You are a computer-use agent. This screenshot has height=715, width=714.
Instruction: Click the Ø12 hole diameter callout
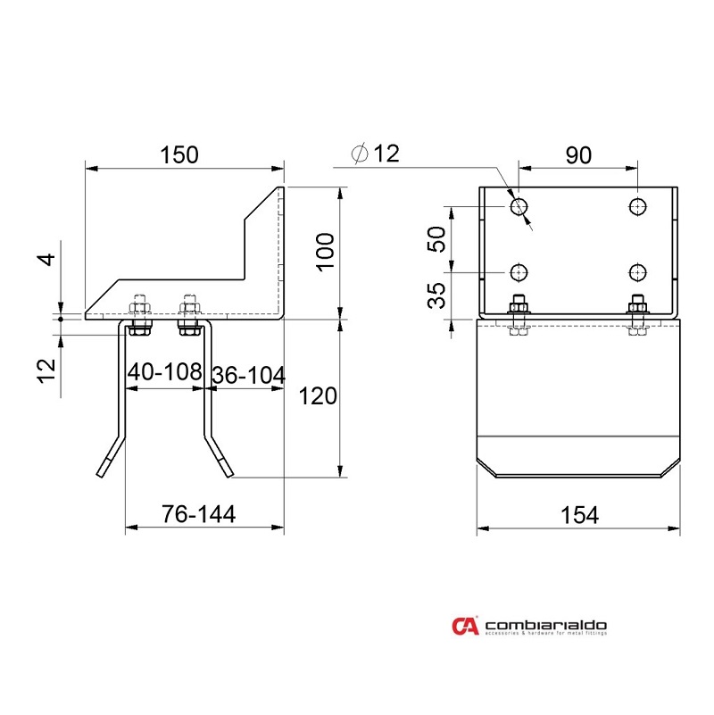pos(375,154)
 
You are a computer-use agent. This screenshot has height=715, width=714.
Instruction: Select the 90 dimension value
pos(578,154)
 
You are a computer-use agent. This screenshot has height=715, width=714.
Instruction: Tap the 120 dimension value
pos(319,395)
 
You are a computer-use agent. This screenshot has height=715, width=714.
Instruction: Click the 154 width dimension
pos(579,515)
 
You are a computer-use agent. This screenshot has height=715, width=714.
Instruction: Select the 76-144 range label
pos(198,515)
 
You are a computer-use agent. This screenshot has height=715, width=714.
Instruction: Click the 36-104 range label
pos(248,376)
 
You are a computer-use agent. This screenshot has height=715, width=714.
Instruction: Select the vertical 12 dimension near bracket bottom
pos(48,366)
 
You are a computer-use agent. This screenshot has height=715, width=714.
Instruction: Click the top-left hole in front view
pos(519,207)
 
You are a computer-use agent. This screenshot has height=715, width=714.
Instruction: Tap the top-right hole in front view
pos(637,207)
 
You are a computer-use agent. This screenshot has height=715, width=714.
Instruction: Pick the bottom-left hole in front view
pos(519,271)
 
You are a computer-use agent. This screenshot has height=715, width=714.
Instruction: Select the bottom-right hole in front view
pos(637,271)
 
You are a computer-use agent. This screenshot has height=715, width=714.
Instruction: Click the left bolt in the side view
pos(138,314)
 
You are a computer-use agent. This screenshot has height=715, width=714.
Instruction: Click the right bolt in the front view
pos(637,314)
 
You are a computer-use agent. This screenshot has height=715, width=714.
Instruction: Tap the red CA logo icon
pos(465,627)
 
